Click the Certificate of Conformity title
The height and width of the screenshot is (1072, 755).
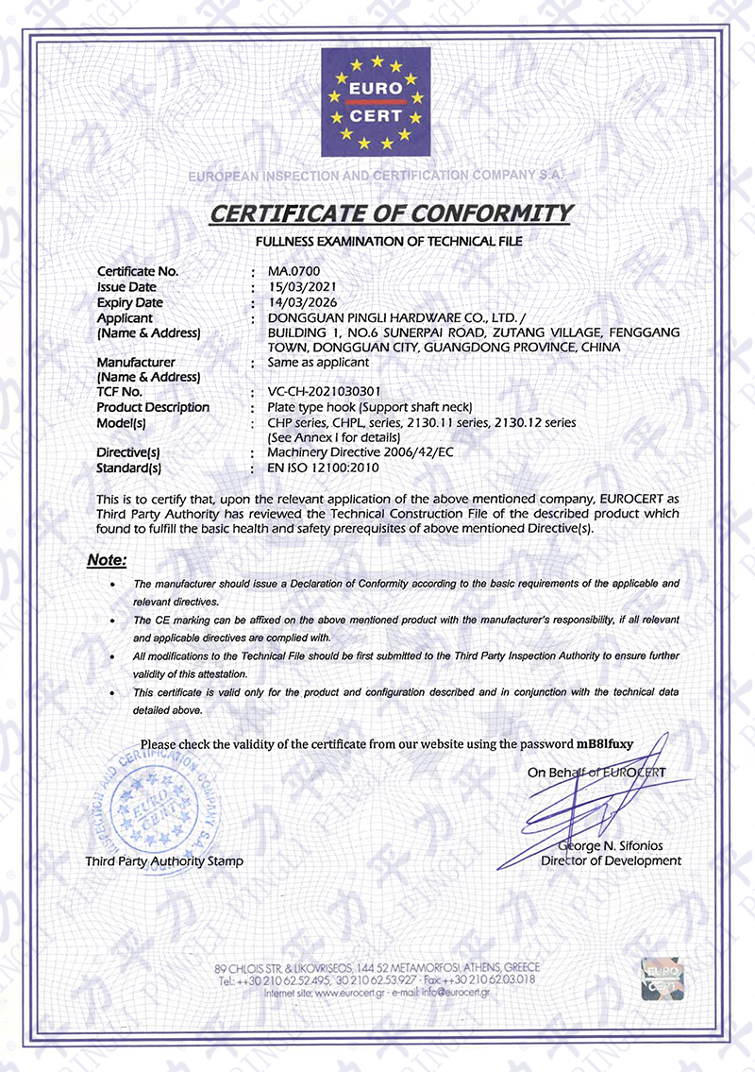click(x=390, y=213)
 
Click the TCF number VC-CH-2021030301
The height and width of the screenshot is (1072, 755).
click(x=327, y=392)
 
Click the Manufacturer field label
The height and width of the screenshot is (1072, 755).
click(x=136, y=362)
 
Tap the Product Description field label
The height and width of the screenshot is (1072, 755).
click(x=153, y=407)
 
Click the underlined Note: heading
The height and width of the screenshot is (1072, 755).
click(x=107, y=560)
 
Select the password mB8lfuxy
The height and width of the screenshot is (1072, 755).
click(x=604, y=743)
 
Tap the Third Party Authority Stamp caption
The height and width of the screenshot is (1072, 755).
click(x=164, y=861)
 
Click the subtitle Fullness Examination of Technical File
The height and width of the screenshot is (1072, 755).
click(x=389, y=243)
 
